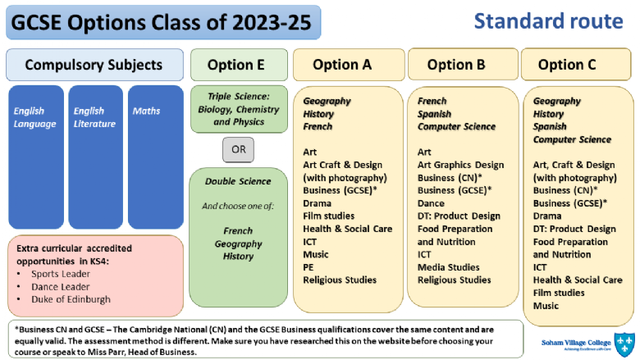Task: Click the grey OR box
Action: tap(239, 149)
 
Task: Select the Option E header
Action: tap(240, 65)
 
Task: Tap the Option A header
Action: tap(349, 65)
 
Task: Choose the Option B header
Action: tap(463, 65)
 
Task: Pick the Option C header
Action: tap(576, 65)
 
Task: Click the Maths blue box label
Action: tap(146, 111)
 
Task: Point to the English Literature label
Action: tap(94, 117)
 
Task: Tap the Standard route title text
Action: tap(548, 21)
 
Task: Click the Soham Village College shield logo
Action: tap(624, 344)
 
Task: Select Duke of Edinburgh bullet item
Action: tap(71, 299)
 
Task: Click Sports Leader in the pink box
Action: tap(61, 274)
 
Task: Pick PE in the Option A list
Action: tap(309, 267)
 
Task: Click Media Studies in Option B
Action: tap(448, 267)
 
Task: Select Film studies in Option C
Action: tap(559, 293)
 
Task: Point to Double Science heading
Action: tap(238, 181)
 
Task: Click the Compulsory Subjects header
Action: tap(94, 65)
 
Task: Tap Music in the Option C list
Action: tap(546, 306)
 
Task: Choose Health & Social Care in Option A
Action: tap(347, 229)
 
